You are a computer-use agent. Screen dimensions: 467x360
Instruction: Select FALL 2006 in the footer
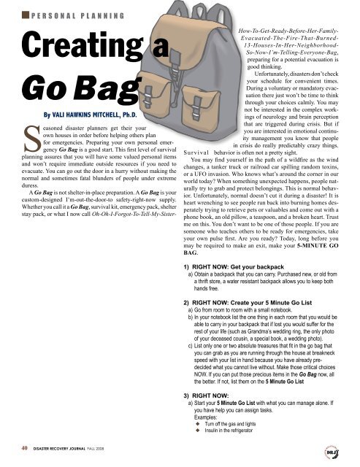[123, 449]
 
